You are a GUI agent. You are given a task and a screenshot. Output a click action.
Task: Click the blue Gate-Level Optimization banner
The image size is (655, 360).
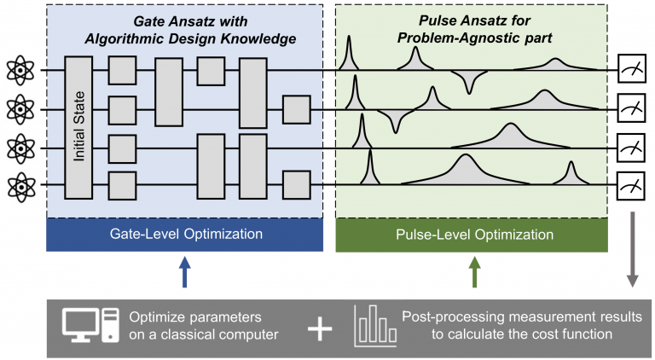(184, 234)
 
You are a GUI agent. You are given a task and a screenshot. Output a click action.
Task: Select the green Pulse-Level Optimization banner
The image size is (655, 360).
(472, 234)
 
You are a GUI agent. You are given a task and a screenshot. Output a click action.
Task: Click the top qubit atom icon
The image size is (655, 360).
(19, 69)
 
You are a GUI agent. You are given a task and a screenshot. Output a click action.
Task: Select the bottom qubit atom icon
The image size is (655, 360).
(19, 183)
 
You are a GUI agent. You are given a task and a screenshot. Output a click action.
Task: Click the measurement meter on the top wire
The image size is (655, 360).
(633, 69)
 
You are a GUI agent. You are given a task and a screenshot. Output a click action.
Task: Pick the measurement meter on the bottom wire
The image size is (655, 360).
(633, 183)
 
